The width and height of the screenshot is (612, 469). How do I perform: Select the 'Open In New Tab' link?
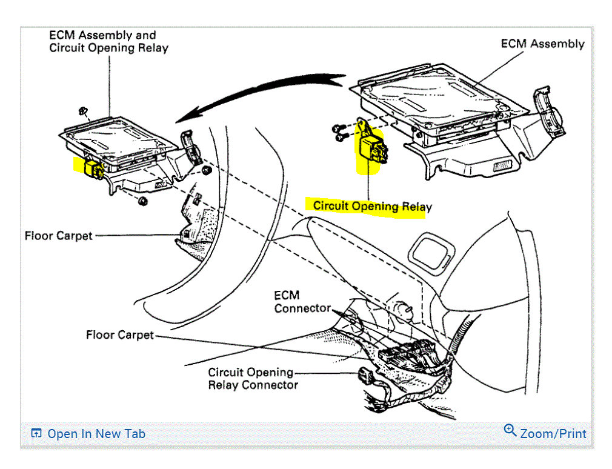tap(96, 434)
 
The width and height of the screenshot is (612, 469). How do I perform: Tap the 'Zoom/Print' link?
tap(553, 434)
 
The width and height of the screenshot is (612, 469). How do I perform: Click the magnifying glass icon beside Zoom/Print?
tap(510, 431)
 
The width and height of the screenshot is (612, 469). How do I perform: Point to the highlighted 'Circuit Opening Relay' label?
tap(372, 206)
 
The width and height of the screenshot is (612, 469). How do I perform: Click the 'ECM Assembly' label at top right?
tap(542, 44)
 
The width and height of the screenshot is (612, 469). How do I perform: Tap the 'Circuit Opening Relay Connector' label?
tap(253, 379)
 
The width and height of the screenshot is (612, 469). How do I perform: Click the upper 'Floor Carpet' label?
tap(58, 235)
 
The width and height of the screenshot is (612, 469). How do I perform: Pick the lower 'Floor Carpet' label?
tap(119, 334)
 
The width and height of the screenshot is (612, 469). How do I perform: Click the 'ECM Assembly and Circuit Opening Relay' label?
tap(108, 41)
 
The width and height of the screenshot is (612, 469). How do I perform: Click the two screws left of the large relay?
tap(339, 133)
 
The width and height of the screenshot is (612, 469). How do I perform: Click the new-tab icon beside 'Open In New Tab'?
tap(37, 433)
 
